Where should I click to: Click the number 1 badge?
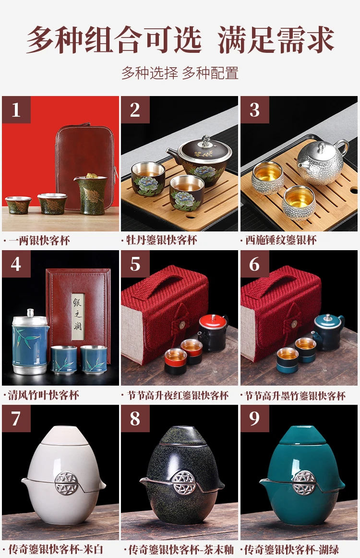pyautogui.click(x=16, y=109)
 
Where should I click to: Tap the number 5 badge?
pyautogui.click(x=135, y=264)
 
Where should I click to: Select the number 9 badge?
pyautogui.click(x=255, y=419)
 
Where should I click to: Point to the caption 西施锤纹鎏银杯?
pyautogui.click(x=281, y=240)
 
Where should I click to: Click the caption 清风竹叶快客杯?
pyautogui.click(x=43, y=395)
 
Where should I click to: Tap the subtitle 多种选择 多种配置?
pyautogui.click(x=180, y=73)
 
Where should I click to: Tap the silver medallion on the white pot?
pyautogui.click(x=67, y=483)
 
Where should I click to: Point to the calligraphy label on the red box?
pyautogui.click(x=78, y=316)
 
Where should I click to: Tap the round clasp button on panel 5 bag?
pyautogui.click(x=184, y=324)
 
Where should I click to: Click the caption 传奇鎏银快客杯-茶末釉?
pyautogui.click(x=180, y=549)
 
